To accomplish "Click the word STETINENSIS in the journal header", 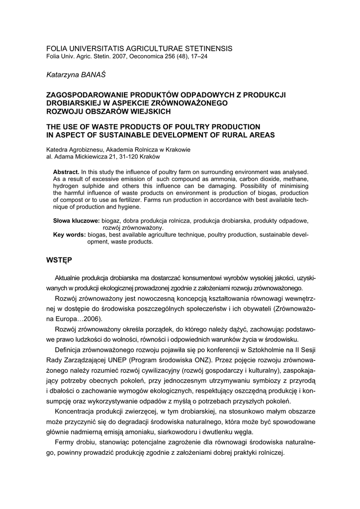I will tap(205, 49).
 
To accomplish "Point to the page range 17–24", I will tap(197, 56).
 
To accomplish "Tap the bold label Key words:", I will tap(70, 235).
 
